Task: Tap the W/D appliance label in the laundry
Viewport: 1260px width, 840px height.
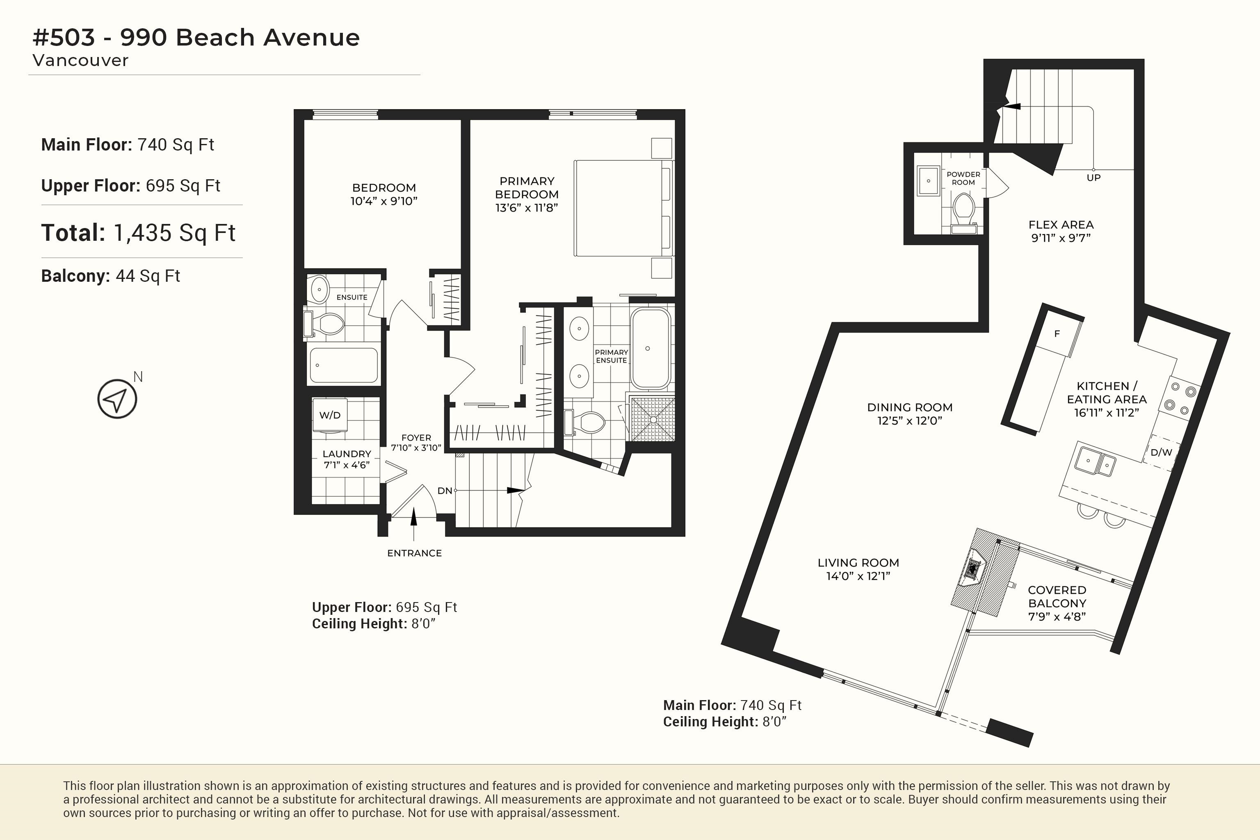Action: [x=330, y=415]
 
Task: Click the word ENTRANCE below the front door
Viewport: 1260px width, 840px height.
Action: [x=415, y=553]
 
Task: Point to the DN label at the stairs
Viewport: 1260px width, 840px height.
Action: [x=445, y=491]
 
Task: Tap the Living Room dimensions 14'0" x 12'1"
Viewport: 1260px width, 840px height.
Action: [x=858, y=576]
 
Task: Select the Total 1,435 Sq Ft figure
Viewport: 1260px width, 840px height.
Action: [x=138, y=233]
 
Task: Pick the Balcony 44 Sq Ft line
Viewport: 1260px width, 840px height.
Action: [x=110, y=276]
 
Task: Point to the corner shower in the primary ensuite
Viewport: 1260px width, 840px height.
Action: [x=653, y=419]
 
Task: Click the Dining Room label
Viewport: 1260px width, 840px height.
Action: [x=910, y=407]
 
